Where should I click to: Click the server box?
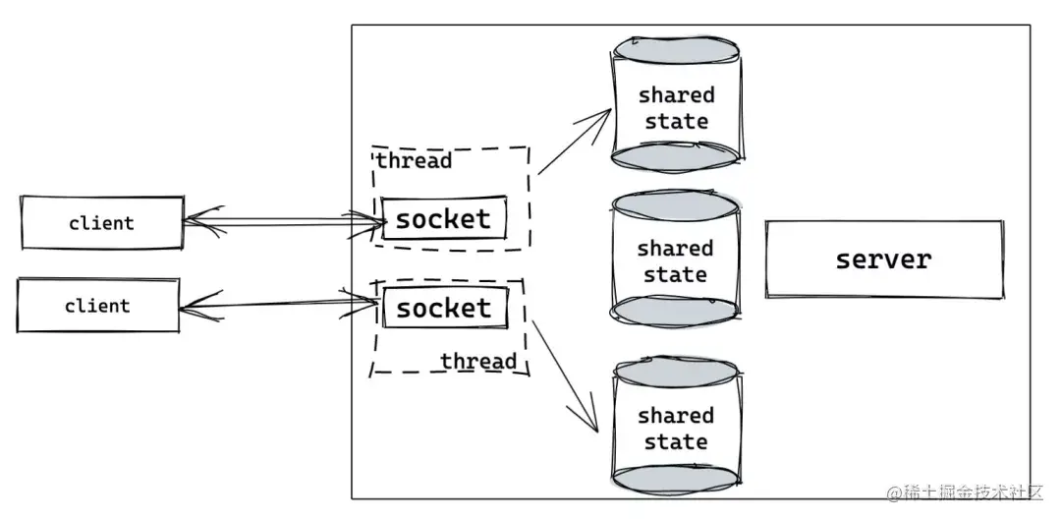(884, 260)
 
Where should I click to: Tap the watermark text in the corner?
(966, 492)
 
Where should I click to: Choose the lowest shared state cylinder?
(677, 426)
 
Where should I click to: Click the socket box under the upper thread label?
(444, 218)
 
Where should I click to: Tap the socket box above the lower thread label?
(445, 308)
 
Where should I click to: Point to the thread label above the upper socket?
(415, 161)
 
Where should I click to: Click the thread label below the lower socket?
(478, 361)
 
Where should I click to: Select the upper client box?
(102, 223)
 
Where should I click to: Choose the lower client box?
(98, 306)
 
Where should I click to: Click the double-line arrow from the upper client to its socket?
(284, 222)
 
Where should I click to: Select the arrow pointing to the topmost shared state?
(575, 141)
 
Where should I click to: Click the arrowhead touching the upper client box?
(203, 221)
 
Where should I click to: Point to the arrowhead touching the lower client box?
(200, 307)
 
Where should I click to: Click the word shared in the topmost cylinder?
(677, 94)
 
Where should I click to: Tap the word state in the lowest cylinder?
(676, 442)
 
